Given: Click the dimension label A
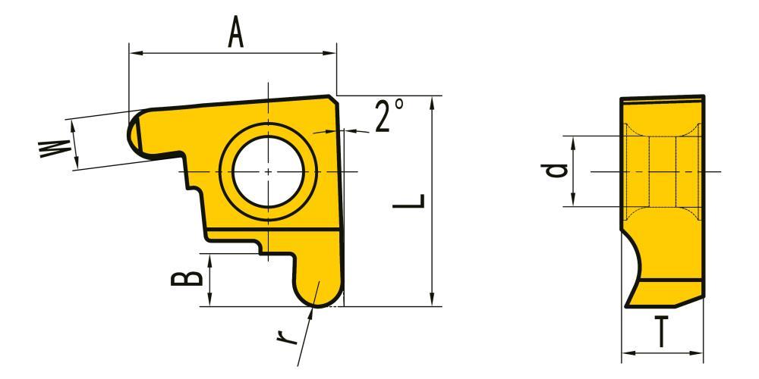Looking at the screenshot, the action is (x=236, y=33).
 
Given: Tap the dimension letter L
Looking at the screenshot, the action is (x=409, y=202).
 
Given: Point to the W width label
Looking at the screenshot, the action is (x=55, y=149).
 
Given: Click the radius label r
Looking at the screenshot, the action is (x=287, y=334).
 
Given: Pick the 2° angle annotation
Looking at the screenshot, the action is (x=389, y=115).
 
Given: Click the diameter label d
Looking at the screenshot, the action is (x=554, y=171).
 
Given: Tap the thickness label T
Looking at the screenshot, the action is (x=661, y=332).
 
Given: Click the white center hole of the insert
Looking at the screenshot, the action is (x=268, y=171).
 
